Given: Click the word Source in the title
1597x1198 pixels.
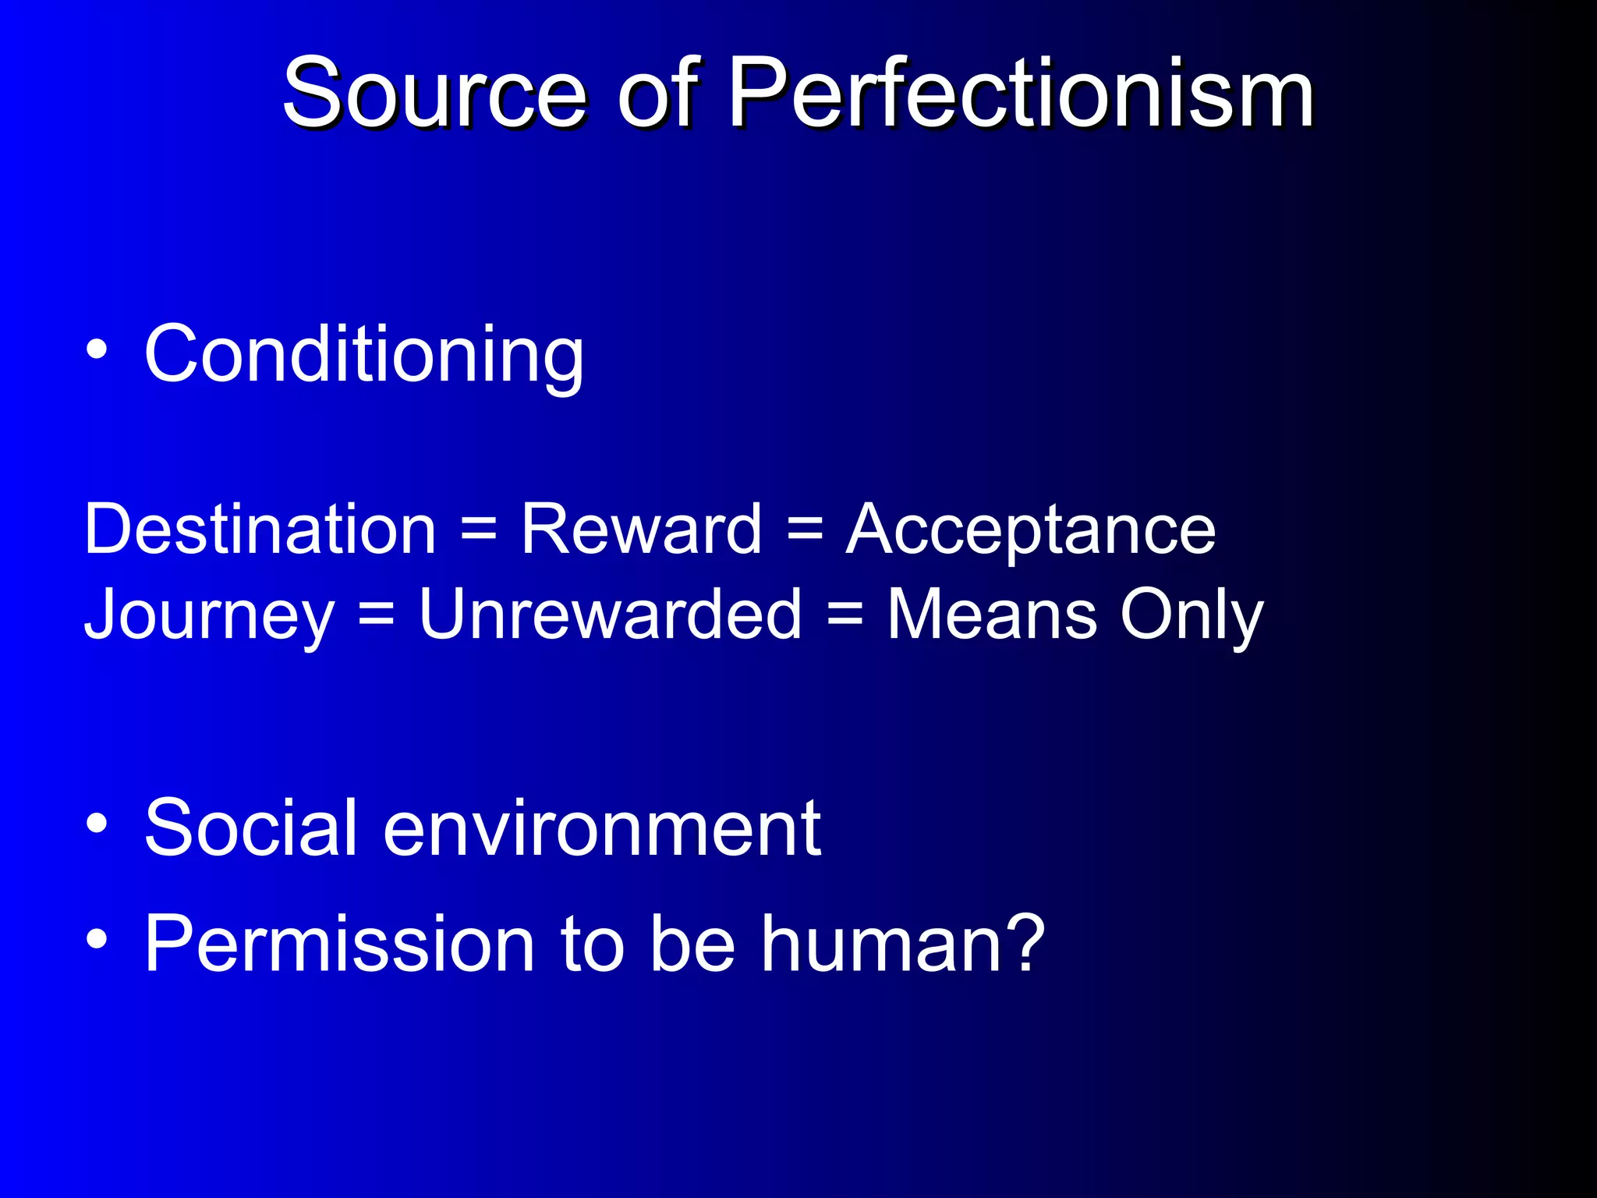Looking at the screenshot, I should point(434,95).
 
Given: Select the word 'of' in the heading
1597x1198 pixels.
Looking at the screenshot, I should point(657,95).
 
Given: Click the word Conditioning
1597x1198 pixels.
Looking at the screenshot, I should point(363,356).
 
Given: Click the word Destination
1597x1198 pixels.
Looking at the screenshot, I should point(260,530).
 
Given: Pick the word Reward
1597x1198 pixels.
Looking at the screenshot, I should point(640,530).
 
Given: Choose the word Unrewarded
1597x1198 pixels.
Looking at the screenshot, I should point(610,615).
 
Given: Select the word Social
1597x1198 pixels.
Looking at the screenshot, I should point(250,828).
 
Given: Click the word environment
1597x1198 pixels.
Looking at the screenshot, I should point(601,829).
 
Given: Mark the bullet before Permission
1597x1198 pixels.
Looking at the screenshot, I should point(97,938).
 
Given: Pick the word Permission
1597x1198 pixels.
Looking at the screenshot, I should point(339,945).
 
